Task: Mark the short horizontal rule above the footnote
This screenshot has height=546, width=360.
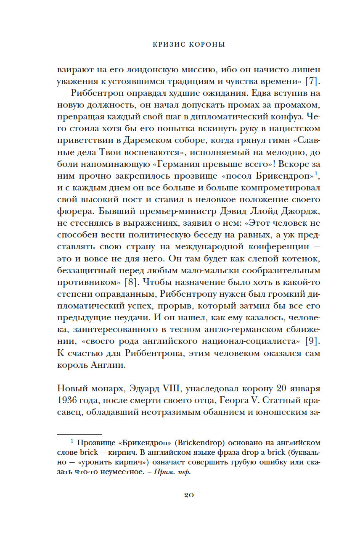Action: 79,434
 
